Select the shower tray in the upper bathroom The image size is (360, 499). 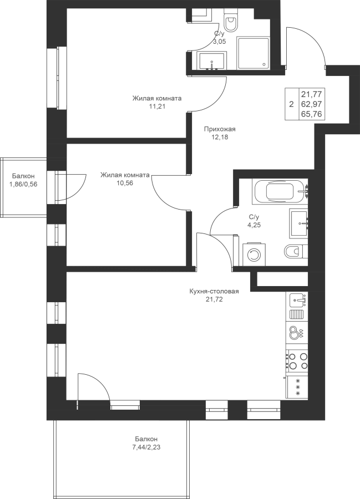pos(253,53)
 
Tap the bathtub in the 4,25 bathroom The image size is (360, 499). pos(280,192)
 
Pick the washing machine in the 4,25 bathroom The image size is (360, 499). pos(254,254)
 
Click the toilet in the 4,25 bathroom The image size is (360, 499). pos(296,252)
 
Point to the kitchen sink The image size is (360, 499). pos(299,300)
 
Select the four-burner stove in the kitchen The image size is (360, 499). pos(297,361)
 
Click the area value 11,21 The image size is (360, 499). pos(157,106)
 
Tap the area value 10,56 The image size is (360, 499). pos(125,183)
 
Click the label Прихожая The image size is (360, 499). pos(220,129)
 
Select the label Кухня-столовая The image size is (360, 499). pos(214,291)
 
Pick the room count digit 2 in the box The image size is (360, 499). pos(291,104)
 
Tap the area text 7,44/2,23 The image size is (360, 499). pos(146,447)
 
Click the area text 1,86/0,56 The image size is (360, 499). pos(23,184)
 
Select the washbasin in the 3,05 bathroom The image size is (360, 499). pos(212,61)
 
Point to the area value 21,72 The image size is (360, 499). pos(214,299)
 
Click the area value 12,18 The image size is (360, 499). pos(220,138)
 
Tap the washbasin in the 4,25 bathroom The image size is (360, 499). pos(299,223)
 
